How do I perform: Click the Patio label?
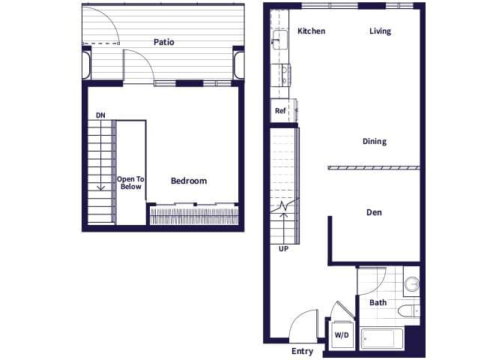click(x=164, y=42)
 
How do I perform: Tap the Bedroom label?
click(x=189, y=181)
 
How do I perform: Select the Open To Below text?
click(x=130, y=183)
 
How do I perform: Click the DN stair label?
click(x=100, y=115)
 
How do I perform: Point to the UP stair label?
click(x=283, y=248)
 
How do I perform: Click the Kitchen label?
click(x=311, y=31)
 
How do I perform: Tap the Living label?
click(x=381, y=31)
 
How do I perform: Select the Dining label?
click(x=375, y=141)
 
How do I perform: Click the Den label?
click(x=374, y=212)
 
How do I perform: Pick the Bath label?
click(x=378, y=302)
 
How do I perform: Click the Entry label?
click(x=302, y=350)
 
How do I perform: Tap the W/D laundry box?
click(x=342, y=334)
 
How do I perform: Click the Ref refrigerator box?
click(x=281, y=111)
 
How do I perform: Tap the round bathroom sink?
click(x=411, y=284)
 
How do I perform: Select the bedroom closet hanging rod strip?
click(x=194, y=217)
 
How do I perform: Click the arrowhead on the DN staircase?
click(x=100, y=188)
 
